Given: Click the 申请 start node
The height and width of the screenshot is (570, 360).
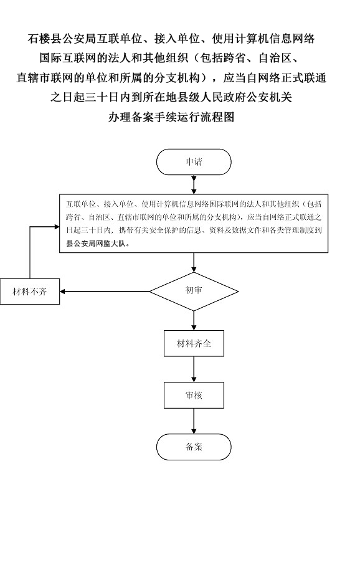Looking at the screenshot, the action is click(194, 162).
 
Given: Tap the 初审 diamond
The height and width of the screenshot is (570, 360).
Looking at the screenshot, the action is click(194, 291).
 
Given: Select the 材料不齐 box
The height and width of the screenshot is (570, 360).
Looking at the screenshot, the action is click(30, 292).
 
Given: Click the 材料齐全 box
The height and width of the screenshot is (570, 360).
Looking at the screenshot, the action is click(194, 343).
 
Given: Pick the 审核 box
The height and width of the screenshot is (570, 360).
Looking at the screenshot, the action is click(194, 395).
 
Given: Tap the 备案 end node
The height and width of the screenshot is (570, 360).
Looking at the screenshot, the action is click(194, 447).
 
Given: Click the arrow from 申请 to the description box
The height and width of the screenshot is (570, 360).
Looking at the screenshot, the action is click(194, 184).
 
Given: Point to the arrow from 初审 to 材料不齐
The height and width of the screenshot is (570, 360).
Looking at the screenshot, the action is click(105, 292).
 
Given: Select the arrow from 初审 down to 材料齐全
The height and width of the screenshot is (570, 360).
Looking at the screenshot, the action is click(194, 321).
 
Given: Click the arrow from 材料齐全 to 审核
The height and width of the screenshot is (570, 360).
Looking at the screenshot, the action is click(194, 369).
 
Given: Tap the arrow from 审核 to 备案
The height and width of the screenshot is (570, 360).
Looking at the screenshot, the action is click(194, 421).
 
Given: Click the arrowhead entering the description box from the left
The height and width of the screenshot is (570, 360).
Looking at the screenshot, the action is click(57, 227).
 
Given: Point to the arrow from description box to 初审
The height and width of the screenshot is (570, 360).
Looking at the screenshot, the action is click(194, 262).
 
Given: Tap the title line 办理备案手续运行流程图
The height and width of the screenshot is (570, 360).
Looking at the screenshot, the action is click(171, 117).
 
